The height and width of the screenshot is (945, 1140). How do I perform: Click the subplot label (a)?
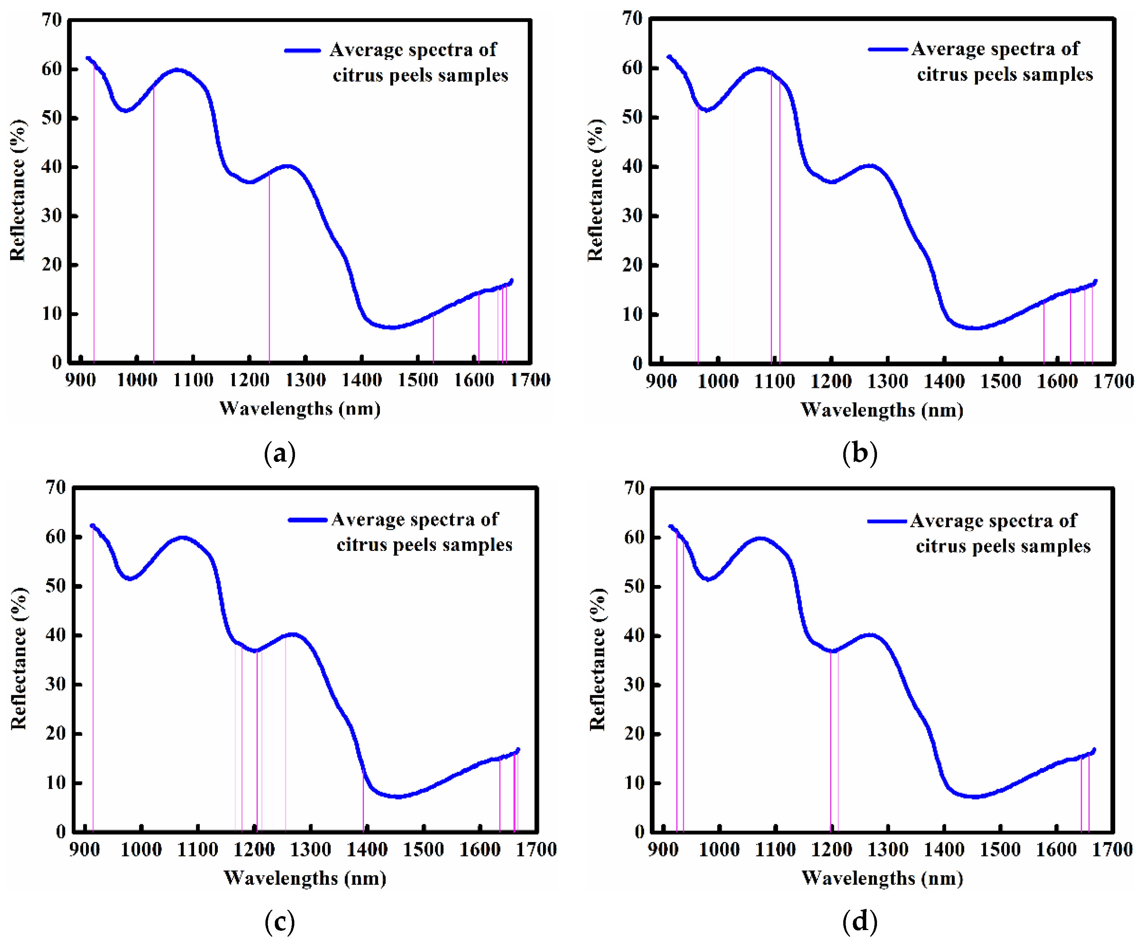(280, 453)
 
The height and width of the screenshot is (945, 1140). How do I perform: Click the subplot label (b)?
(859, 453)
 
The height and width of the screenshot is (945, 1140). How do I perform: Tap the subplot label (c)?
(280, 922)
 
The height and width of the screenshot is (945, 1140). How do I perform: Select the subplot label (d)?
(859, 922)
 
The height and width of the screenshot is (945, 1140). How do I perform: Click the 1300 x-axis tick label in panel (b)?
(887, 382)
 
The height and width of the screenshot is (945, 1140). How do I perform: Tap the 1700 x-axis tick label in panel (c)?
(536, 849)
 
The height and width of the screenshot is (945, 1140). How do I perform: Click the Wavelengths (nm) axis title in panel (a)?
(300, 408)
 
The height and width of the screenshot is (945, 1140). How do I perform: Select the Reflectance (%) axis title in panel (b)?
(596, 190)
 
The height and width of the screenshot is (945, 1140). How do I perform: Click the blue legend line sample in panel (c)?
(307, 519)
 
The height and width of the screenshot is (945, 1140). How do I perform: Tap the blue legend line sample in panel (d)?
(887, 521)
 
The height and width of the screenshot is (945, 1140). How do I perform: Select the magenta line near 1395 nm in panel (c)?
(363, 798)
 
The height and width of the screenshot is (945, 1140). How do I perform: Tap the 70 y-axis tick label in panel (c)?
(55, 487)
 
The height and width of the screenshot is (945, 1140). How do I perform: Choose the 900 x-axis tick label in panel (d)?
(663, 849)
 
